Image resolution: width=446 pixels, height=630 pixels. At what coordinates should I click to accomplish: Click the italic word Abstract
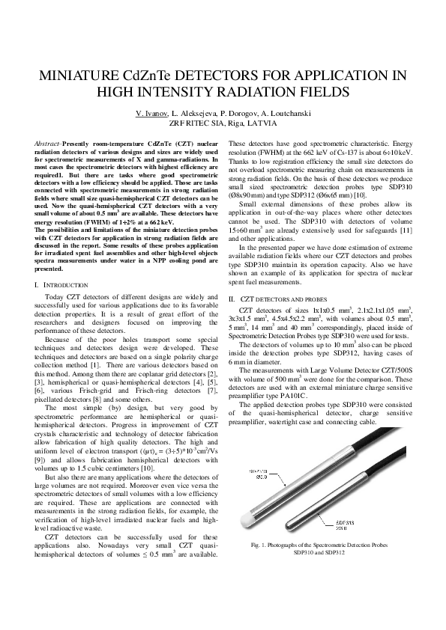[x=47, y=142]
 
